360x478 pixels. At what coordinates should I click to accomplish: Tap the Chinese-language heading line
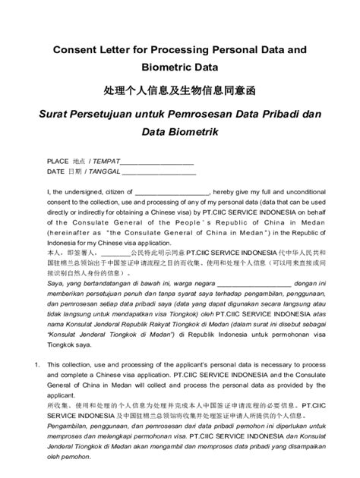coord(180,90)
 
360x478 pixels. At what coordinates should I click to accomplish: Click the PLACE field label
coord(58,162)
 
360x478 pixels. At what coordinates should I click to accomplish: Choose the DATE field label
coord(55,171)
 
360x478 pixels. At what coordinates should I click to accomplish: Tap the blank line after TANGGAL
coord(163,172)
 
